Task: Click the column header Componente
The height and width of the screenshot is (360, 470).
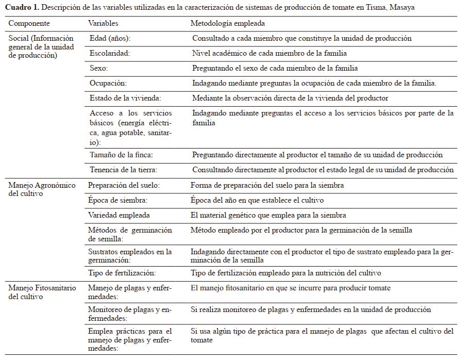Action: pyautogui.click(x=29, y=24)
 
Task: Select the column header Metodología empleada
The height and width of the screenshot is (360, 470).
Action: pyautogui.click(x=228, y=24)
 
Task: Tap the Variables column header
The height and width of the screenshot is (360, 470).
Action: pyautogui.click(x=103, y=24)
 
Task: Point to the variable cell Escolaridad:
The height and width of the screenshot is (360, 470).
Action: pyautogui.click(x=110, y=53)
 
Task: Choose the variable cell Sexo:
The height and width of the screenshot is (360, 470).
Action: pyautogui.click(x=98, y=68)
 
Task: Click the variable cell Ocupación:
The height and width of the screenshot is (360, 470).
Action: pyautogui.click(x=108, y=83)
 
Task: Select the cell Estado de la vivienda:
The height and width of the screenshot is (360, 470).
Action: pyautogui.click(x=125, y=98)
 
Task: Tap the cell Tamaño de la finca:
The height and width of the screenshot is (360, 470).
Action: pyautogui.click(x=121, y=155)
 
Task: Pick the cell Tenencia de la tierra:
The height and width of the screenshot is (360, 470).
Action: pyautogui.click(x=123, y=170)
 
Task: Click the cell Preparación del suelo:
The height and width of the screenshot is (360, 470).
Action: pyautogui.click(x=124, y=185)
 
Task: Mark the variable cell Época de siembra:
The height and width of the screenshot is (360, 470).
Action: pyautogui.click(x=117, y=200)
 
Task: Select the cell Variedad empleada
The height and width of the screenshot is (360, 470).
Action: pyautogui.click(x=119, y=215)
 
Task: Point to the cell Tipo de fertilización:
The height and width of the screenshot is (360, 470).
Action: pyautogui.click(x=122, y=273)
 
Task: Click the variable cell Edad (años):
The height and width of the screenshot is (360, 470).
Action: pyautogui.click(x=109, y=38)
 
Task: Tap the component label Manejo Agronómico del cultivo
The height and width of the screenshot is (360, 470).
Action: pyautogui.click(x=42, y=189)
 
